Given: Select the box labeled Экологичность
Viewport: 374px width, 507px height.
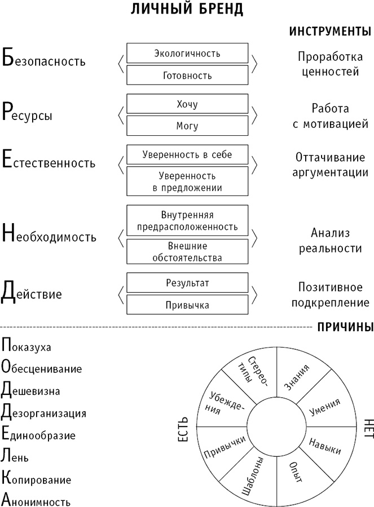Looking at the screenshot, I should [187, 54].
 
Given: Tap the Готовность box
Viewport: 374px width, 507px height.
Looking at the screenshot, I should [187, 75].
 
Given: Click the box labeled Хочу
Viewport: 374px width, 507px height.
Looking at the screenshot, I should [187, 104].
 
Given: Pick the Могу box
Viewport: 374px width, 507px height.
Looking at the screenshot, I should [187, 126].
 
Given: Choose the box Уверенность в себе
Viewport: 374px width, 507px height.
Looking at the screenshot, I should [187, 154].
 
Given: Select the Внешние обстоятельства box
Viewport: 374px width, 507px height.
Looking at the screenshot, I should [187, 252].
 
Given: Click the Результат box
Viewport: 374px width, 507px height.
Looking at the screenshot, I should [187, 283].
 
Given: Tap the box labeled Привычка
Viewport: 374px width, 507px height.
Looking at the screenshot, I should [187, 305].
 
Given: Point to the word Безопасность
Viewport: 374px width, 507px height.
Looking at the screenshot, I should [44, 60].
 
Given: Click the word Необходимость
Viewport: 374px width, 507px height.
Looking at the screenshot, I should [49, 235].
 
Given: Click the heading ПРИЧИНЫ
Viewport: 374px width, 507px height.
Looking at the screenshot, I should [345, 327].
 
